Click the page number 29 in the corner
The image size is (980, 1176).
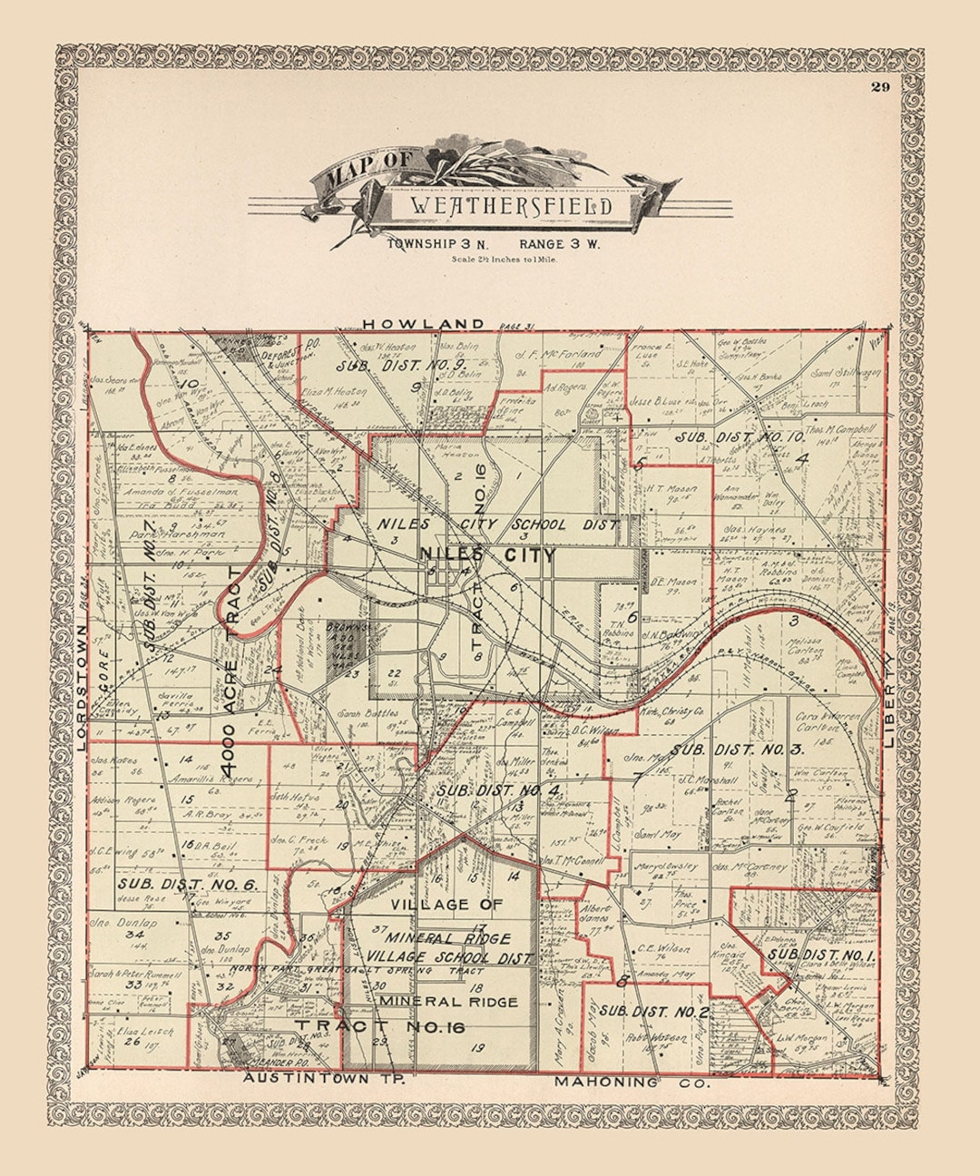[x=880, y=87]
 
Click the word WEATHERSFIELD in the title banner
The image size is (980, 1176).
[x=511, y=206]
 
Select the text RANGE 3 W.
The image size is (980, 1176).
[x=560, y=244]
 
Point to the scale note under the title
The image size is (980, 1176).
[x=504, y=260]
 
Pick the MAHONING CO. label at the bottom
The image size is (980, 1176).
[x=632, y=1082]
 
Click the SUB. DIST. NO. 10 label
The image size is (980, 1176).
[x=740, y=437]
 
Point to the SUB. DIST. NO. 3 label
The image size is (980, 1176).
[x=737, y=750]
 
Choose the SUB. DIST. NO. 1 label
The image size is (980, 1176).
[x=822, y=955]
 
